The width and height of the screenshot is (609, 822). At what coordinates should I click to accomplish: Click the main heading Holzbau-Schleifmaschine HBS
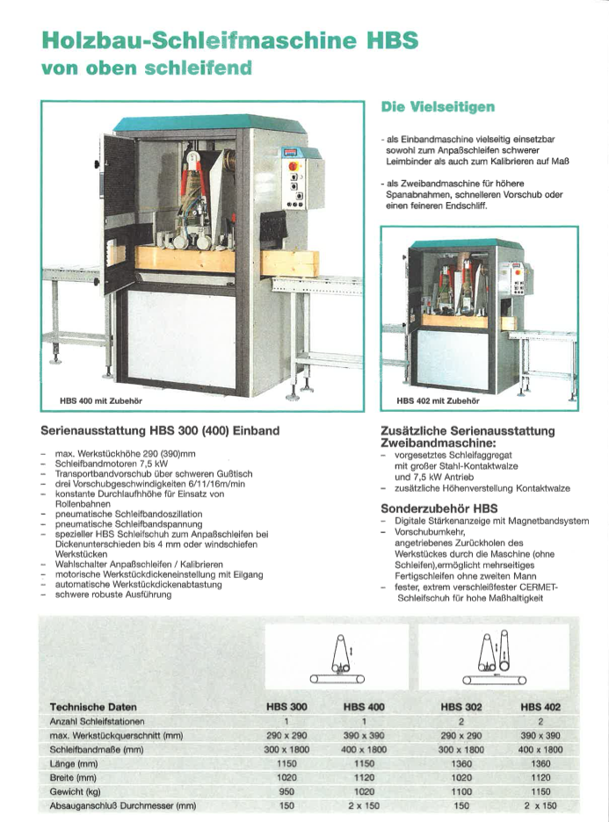[x=229, y=40]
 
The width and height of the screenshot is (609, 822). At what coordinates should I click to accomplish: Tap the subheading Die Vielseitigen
[x=437, y=107]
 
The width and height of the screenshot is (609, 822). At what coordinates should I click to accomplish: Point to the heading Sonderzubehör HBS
[x=434, y=508]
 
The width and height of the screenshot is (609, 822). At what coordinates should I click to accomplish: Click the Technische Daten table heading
[x=93, y=705]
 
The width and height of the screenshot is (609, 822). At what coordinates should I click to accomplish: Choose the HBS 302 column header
[x=461, y=705]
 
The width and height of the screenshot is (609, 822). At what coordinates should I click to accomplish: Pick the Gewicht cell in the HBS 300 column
[x=286, y=791]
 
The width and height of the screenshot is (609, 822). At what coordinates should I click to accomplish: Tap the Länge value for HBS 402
[x=540, y=763]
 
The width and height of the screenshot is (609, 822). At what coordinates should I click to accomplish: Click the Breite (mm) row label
[x=74, y=777]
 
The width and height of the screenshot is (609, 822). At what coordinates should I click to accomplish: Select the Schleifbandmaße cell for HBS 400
[x=364, y=749]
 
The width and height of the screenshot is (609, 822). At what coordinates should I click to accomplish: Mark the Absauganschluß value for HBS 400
[x=364, y=805]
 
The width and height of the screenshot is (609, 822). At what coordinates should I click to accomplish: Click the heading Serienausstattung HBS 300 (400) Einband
[x=161, y=431]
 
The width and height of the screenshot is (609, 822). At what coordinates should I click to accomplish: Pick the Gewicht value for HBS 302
[x=461, y=791]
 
